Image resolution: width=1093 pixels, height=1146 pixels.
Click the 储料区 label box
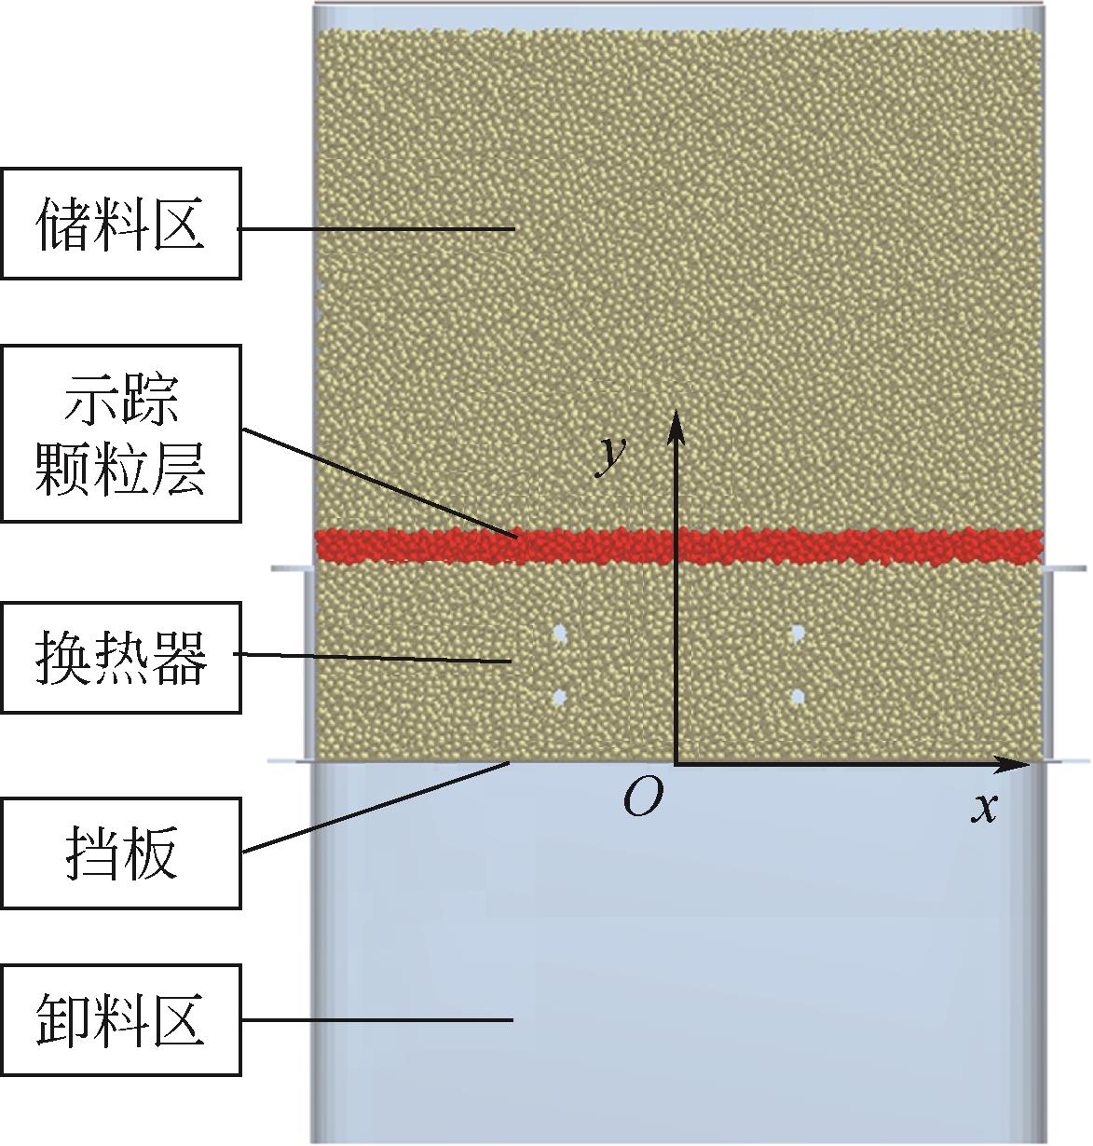coord(120,224)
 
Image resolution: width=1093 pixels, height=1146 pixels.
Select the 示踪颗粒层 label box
coord(120,433)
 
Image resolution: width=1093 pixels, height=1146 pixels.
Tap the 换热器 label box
coord(120,658)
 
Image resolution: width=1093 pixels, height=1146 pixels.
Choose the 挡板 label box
coord(120,853)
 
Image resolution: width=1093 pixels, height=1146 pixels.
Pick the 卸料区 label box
coord(120,1019)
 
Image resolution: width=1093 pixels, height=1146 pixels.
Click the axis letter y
coord(610,454)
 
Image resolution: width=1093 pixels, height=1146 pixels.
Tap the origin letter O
coord(643,798)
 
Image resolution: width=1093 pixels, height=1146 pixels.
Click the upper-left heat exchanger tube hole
coord(560,634)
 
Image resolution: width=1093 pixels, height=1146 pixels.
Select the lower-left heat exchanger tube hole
coord(560,696)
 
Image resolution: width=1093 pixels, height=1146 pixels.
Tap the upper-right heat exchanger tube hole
coord(798,634)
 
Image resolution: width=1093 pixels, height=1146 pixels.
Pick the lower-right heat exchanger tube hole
coord(798,696)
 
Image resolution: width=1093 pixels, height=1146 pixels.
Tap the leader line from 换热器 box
coord(373,658)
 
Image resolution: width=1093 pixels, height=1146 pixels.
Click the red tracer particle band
coord(839,546)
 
